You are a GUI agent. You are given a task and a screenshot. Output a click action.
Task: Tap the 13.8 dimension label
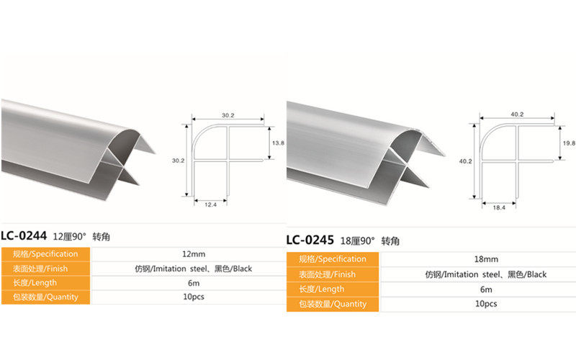coord(277,143)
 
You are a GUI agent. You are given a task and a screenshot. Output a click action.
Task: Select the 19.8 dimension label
coord(569,143)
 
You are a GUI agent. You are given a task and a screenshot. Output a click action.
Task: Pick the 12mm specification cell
coord(194,254)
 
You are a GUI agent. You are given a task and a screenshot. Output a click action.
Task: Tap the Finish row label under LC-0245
coord(332,274)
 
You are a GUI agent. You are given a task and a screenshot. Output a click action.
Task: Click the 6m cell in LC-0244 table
coord(194,283)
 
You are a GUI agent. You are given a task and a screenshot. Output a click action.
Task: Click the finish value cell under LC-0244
coord(194,269)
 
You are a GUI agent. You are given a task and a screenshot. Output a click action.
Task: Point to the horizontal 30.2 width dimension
coord(228,114)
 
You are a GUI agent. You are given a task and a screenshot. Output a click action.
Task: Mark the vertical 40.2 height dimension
coord(464,161)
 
